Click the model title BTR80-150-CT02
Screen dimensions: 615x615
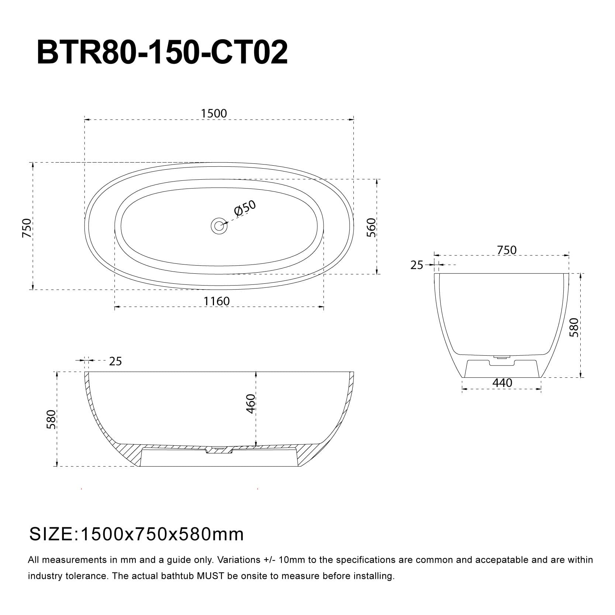point(162,53)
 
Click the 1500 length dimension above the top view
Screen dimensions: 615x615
point(214,113)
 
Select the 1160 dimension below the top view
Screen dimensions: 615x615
point(217,301)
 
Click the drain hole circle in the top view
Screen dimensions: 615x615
point(219,225)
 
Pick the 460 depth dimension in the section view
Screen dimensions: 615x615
point(251,404)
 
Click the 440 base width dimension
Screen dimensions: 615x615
point(502,383)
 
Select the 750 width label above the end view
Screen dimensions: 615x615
point(507,250)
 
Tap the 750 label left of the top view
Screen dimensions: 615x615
point(27,228)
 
